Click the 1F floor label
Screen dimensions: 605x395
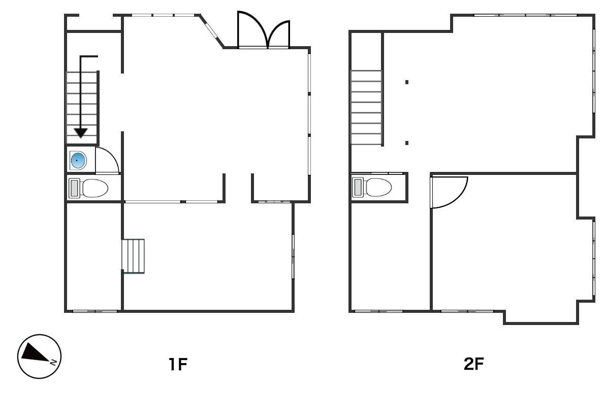[178, 364]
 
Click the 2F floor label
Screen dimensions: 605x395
[474, 364]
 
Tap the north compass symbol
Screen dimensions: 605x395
[39, 356]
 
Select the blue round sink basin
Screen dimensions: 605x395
[78, 160]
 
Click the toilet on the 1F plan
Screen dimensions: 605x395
[88, 188]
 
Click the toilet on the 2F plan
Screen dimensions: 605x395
[372, 188]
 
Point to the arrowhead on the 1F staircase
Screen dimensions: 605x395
[81, 133]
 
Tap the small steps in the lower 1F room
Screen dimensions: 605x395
[133, 256]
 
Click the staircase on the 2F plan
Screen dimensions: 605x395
[366, 107]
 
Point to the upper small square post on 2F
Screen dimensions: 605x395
[407, 82]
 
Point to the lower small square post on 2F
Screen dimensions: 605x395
[407, 143]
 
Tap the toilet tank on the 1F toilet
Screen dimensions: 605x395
[74, 188]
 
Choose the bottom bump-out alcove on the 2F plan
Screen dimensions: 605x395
[541, 316]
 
